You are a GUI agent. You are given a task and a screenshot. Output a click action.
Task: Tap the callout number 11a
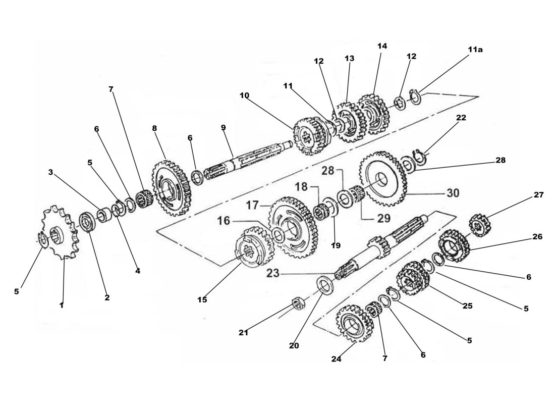click(475, 49)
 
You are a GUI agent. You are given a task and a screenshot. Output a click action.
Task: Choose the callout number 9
click(223, 127)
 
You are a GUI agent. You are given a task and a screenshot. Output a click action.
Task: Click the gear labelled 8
click(172, 187)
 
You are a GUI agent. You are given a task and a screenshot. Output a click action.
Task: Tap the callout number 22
click(461, 118)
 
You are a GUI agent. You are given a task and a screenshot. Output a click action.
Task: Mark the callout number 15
click(202, 299)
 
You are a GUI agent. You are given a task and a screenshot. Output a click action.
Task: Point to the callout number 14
click(382, 46)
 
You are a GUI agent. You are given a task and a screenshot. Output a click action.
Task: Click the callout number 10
click(244, 95)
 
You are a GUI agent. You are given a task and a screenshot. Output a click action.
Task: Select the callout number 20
click(294, 346)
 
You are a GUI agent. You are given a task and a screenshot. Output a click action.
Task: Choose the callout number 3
click(50, 172)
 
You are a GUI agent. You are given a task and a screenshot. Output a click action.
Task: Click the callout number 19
click(336, 245)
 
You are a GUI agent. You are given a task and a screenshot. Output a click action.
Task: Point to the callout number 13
click(350, 59)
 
